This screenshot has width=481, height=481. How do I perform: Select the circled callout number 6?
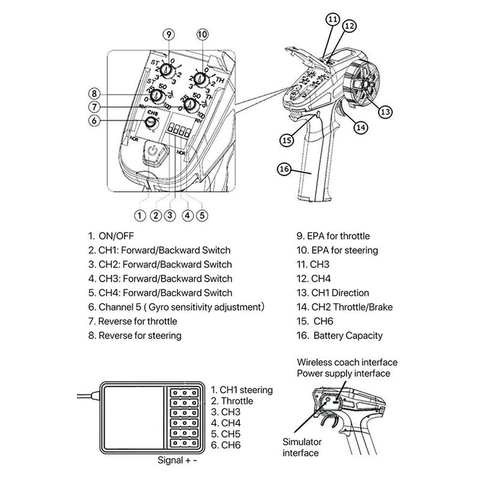pyautogui.click(x=93, y=121)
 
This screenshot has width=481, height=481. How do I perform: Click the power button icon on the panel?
pyautogui.click(x=155, y=152)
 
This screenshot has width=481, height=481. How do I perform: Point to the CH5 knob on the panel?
pyautogui.click(x=152, y=122)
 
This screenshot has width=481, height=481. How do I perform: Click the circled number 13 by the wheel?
pyautogui.click(x=385, y=111)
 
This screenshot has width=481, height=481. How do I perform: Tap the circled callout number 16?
pyautogui.click(x=284, y=170)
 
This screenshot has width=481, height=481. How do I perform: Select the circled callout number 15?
pyautogui.click(x=288, y=139)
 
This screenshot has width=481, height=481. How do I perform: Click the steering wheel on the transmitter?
pyautogui.click(x=364, y=84)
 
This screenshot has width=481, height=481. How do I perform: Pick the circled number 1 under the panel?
pyautogui.click(x=140, y=215)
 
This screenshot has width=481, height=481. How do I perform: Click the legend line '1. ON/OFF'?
pyautogui.click(x=112, y=236)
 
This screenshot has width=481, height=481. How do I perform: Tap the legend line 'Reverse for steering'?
pyautogui.click(x=139, y=335)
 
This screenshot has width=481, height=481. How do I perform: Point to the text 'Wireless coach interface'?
pyautogui.click(x=347, y=363)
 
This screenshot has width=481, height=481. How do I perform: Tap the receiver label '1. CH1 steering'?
pyautogui.click(x=242, y=390)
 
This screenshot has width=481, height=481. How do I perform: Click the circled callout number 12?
pyautogui.click(x=350, y=25)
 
